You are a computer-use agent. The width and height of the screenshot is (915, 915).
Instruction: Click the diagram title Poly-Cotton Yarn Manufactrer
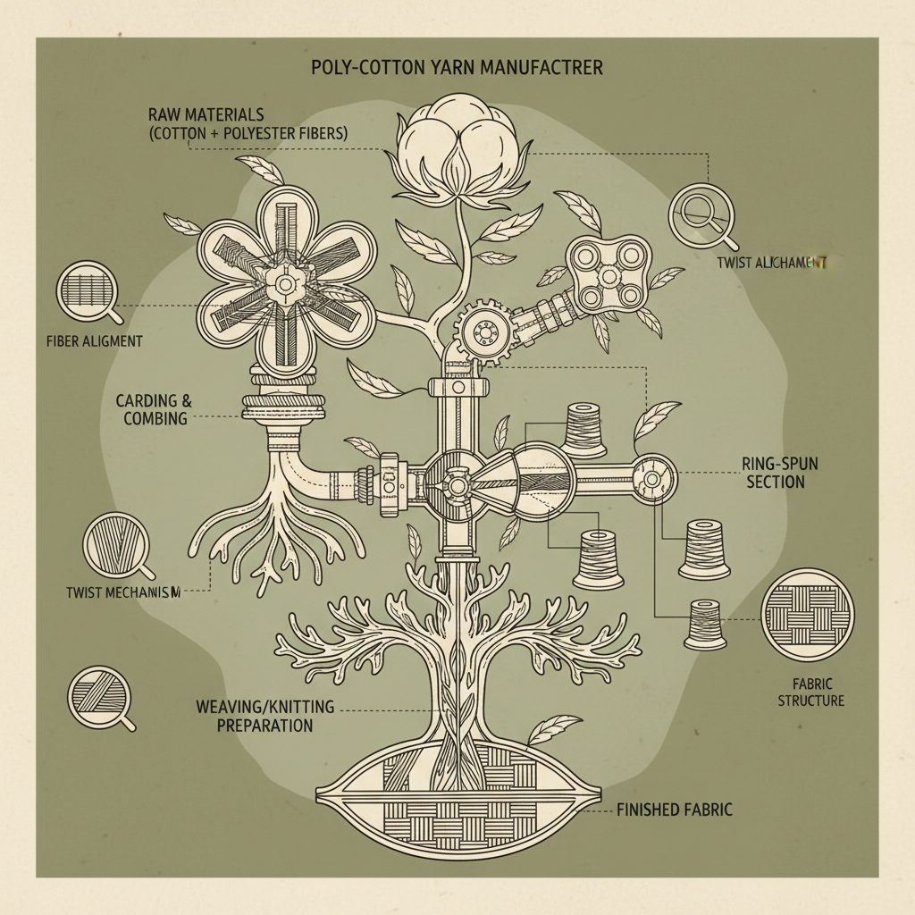pos(457,69)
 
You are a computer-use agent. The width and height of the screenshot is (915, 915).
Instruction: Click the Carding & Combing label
pos(154,409)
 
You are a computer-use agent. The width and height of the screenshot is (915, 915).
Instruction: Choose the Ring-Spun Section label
pos(774,473)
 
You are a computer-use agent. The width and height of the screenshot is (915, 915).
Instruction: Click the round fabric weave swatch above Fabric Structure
pos(807,616)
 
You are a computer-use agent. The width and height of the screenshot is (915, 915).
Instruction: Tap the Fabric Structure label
pos(810,693)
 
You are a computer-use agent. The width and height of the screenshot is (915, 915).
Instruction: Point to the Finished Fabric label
pos(675,810)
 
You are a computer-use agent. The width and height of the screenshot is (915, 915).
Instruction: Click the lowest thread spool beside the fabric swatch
pos(703,623)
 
